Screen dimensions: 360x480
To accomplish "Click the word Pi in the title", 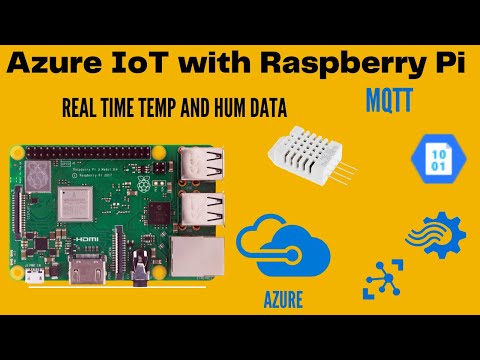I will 442,62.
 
